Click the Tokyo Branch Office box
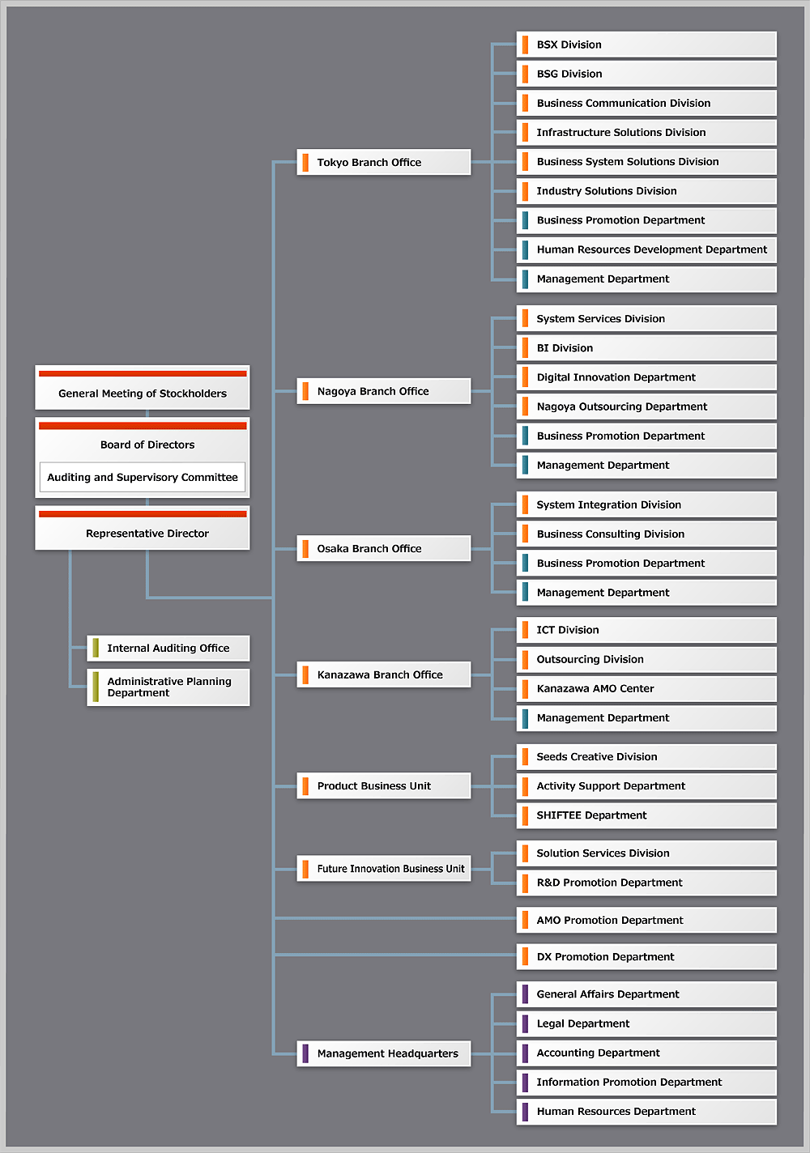click(383, 162)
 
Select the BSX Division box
click(646, 45)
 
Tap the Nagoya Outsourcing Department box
click(646, 406)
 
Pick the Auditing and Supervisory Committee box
click(143, 478)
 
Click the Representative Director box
click(143, 533)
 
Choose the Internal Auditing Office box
click(168, 648)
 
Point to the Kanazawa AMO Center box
click(646, 688)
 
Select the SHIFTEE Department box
click(646, 815)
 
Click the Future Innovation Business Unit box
click(383, 869)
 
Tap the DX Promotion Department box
click(646, 957)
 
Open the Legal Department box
click(646, 1023)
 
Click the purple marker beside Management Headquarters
click(305, 1053)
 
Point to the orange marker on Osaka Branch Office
click(305, 549)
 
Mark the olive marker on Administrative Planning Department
click(96, 687)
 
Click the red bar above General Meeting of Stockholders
click(143, 373)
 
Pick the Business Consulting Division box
click(646, 534)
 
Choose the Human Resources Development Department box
click(646, 249)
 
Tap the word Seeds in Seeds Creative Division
click(552, 756)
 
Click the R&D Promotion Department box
click(646, 883)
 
